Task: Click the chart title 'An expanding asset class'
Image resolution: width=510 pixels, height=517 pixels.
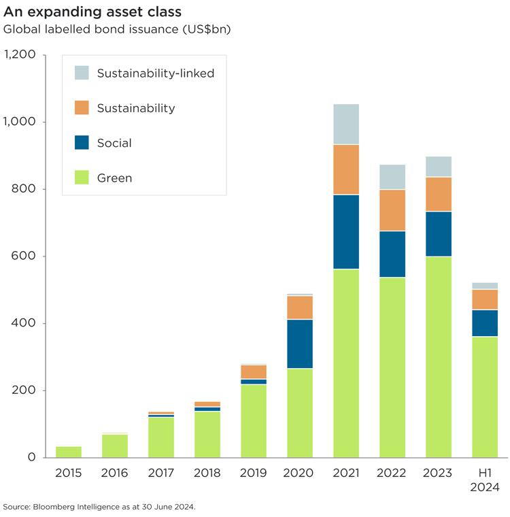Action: coord(92,12)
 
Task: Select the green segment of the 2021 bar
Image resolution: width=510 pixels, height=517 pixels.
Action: coord(346,363)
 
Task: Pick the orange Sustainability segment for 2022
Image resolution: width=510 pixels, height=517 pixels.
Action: coord(392,210)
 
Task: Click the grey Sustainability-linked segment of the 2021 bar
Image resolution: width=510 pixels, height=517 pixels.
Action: coord(346,124)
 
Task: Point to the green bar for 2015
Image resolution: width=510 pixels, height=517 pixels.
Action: coord(69,452)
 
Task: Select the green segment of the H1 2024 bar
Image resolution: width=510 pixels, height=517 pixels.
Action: coord(485,397)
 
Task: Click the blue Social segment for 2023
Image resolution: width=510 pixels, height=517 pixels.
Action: coord(439,233)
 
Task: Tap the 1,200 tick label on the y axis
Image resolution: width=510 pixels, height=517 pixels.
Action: coord(20,55)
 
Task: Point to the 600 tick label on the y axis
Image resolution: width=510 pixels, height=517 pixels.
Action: coord(24,256)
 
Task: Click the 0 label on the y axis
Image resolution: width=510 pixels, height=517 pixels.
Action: coord(31,457)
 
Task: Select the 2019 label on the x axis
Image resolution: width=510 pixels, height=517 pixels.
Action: coord(254,473)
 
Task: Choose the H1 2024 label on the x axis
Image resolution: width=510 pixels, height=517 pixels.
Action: coord(485,480)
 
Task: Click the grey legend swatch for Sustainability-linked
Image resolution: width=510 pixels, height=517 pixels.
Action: coord(82,73)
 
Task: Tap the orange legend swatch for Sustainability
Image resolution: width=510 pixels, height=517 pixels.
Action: coord(82,107)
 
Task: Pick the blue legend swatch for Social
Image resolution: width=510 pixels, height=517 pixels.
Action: coord(82,143)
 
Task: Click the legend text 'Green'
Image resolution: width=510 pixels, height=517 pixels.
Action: coord(114,178)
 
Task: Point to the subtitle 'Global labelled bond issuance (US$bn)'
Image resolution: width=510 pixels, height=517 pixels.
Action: coord(117,29)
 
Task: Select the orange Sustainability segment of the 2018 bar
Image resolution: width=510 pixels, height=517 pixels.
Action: coord(207,404)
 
